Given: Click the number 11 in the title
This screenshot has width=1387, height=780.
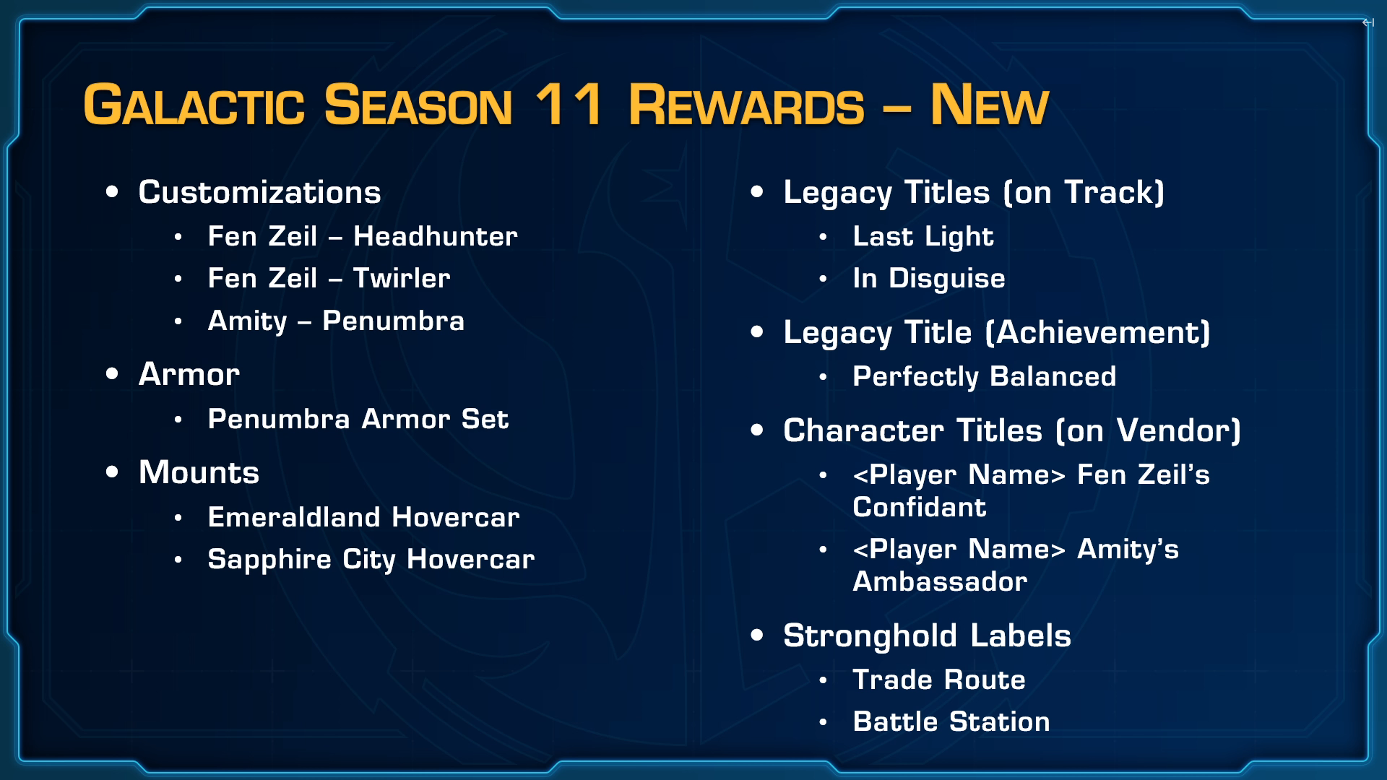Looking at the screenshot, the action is (x=569, y=105).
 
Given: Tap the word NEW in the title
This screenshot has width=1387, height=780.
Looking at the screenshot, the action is (x=989, y=105).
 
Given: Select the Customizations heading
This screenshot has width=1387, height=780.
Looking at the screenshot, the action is (x=259, y=192).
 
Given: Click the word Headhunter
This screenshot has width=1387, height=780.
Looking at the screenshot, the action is (x=436, y=236).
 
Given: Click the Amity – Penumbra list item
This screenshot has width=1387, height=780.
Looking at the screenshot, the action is (x=336, y=321).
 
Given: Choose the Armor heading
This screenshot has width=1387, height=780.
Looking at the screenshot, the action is (x=189, y=374).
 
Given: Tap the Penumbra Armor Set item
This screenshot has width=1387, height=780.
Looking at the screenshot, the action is (x=358, y=419).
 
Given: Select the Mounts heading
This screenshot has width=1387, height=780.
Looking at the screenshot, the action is (x=199, y=472).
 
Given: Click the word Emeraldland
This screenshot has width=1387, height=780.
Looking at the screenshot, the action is (x=294, y=517).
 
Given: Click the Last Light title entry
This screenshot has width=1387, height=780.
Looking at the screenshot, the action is (x=923, y=237).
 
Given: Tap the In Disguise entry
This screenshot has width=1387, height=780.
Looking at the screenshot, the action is (x=929, y=279).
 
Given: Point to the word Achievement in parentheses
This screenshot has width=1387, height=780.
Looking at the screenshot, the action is (x=1098, y=333).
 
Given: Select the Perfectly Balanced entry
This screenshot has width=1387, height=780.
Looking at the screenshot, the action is (x=985, y=377).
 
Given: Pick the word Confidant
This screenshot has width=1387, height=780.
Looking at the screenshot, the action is (x=920, y=507).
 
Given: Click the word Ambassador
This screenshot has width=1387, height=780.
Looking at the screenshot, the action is (x=940, y=581).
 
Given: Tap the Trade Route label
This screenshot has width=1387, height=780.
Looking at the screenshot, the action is (x=939, y=680).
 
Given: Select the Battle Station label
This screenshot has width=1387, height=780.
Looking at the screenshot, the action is (x=951, y=721).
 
